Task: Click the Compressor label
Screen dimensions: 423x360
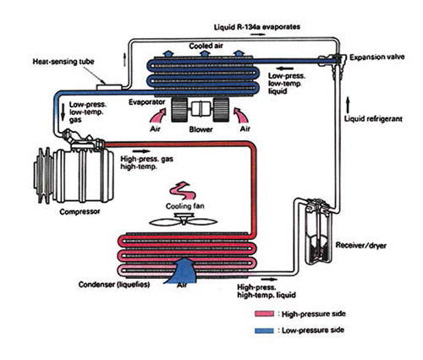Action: [80, 211]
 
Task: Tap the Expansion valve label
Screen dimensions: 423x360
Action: [377, 57]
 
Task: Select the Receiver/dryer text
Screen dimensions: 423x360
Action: [360, 245]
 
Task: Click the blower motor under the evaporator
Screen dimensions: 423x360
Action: [201, 110]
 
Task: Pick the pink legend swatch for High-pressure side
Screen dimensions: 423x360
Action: [264, 314]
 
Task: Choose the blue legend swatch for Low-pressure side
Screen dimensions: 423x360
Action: [264, 330]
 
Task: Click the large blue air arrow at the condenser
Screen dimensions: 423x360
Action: [182, 270]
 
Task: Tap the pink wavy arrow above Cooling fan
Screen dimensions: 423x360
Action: [182, 191]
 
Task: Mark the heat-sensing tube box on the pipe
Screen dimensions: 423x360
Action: [109, 87]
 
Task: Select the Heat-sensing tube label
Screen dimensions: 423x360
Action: [63, 62]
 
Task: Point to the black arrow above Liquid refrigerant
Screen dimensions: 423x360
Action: [348, 105]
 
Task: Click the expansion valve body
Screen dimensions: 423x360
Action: [335, 63]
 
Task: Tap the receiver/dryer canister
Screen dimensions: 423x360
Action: [320, 232]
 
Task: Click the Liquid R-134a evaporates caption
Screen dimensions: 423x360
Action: [257, 27]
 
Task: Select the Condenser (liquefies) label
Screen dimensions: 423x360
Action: [114, 285]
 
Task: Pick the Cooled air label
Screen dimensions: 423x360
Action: [206, 46]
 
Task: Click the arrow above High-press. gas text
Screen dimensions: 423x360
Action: [143, 151]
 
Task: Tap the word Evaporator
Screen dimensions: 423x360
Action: [146, 102]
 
